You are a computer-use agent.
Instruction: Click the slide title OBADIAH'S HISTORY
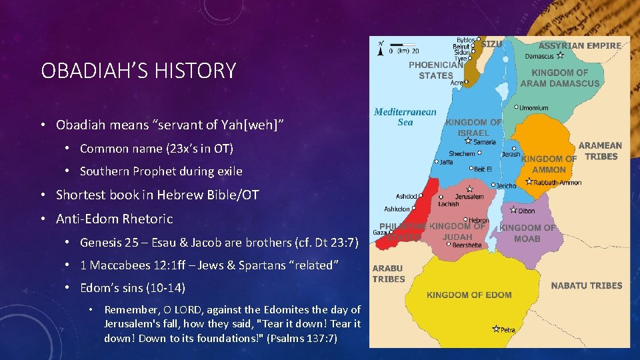(x=138, y=71)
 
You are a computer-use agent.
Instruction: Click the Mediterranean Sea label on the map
(x=405, y=117)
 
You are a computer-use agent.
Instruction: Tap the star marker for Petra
(x=496, y=328)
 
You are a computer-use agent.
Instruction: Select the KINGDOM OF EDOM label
(x=469, y=295)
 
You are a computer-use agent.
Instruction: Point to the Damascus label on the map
(x=540, y=57)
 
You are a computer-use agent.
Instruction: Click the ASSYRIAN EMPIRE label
(x=579, y=46)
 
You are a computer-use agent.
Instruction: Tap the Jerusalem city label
(x=469, y=197)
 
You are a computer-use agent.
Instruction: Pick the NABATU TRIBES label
(x=586, y=285)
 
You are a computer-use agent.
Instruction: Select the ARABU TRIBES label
(x=388, y=273)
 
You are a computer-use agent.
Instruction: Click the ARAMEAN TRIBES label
(x=600, y=151)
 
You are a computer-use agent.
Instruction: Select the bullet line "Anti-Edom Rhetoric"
(x=114, y=219)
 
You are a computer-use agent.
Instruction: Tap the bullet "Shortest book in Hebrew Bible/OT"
(x=157, y=195)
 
